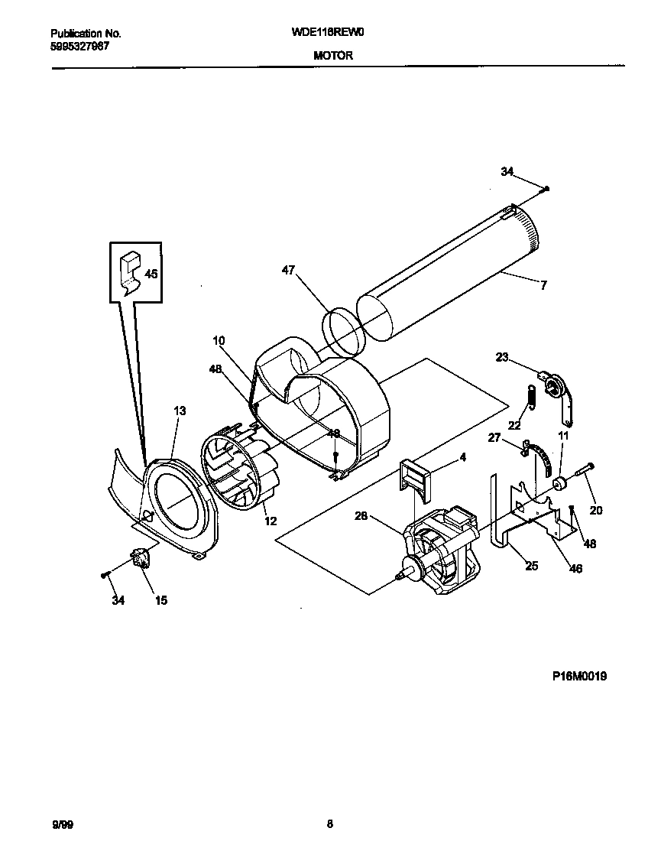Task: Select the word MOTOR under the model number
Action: [x=332, y=55]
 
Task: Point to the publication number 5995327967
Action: [x=79, y=46]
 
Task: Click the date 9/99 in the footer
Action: [x=62, y=824]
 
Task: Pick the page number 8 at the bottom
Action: [x=329, y=824]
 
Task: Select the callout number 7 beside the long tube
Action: [x=543, y=286]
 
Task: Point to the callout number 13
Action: [x=180, y=411]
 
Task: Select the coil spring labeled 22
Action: [x=525, y=399]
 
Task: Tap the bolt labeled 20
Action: [x=584, y=473]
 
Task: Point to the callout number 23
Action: [x=501, y=356]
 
